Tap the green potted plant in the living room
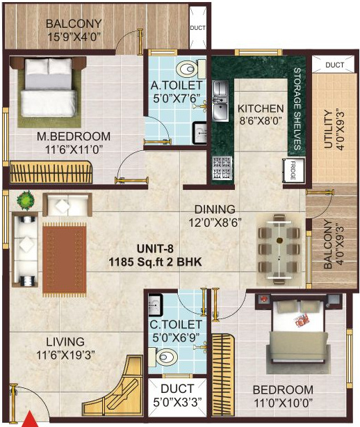tap(26, 200)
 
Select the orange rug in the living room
tap(65, 260)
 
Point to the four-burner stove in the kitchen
tap(222, 168)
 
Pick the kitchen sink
tap(220, 101)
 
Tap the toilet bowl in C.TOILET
tap(166, 357)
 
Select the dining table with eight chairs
tap(279, 250)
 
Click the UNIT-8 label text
tap(155, 249)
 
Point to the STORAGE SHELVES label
tap(297, 109)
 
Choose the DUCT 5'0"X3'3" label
tap(177, 396)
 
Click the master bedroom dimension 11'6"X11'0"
tap(74, 150)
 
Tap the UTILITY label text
tap(329, 129)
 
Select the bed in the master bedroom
tap(48, 88)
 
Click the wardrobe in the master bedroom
tap(51, 172)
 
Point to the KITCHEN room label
tap(261, 108)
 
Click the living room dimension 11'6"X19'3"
tap(65, 355)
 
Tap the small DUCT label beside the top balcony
tap(198, 28)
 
